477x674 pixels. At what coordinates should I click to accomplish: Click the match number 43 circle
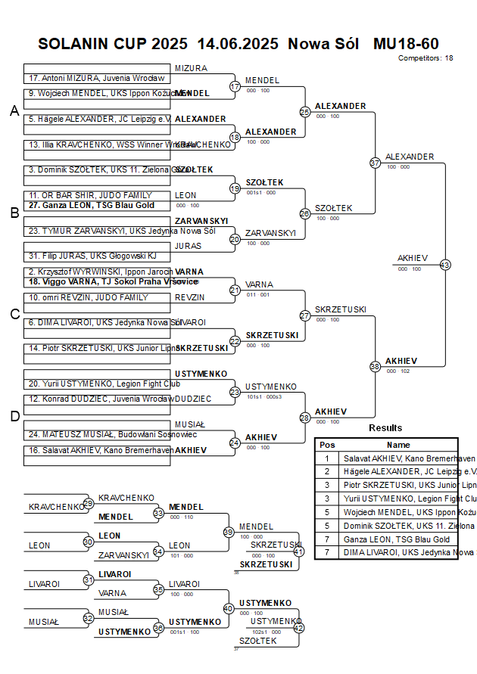click(444, 265)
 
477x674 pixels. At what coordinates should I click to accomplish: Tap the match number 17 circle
click(235, 87)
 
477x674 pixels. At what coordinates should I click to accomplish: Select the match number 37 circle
click(375, 163)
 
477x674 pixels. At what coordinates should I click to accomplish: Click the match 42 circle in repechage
click(298, 627)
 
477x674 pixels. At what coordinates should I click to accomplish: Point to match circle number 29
click(88, 503)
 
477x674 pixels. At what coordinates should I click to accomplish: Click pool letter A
click(14, 111)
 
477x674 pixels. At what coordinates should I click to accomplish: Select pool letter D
click(14, 415)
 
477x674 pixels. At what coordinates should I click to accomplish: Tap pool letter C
click(14, 314)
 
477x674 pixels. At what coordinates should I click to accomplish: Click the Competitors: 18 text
click(426, 57)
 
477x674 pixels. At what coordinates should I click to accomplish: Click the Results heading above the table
click(385, 428)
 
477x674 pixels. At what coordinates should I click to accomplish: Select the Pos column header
click(327, 445)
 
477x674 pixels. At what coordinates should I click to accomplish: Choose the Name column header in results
click(398, 445)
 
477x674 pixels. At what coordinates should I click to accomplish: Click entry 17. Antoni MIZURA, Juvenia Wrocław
click(96, 78)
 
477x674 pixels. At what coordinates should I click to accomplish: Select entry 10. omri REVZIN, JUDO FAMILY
click(89, 297)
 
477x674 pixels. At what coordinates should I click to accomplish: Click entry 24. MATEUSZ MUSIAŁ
click(101, 434)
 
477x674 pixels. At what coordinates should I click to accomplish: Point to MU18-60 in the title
click(406, 44)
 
